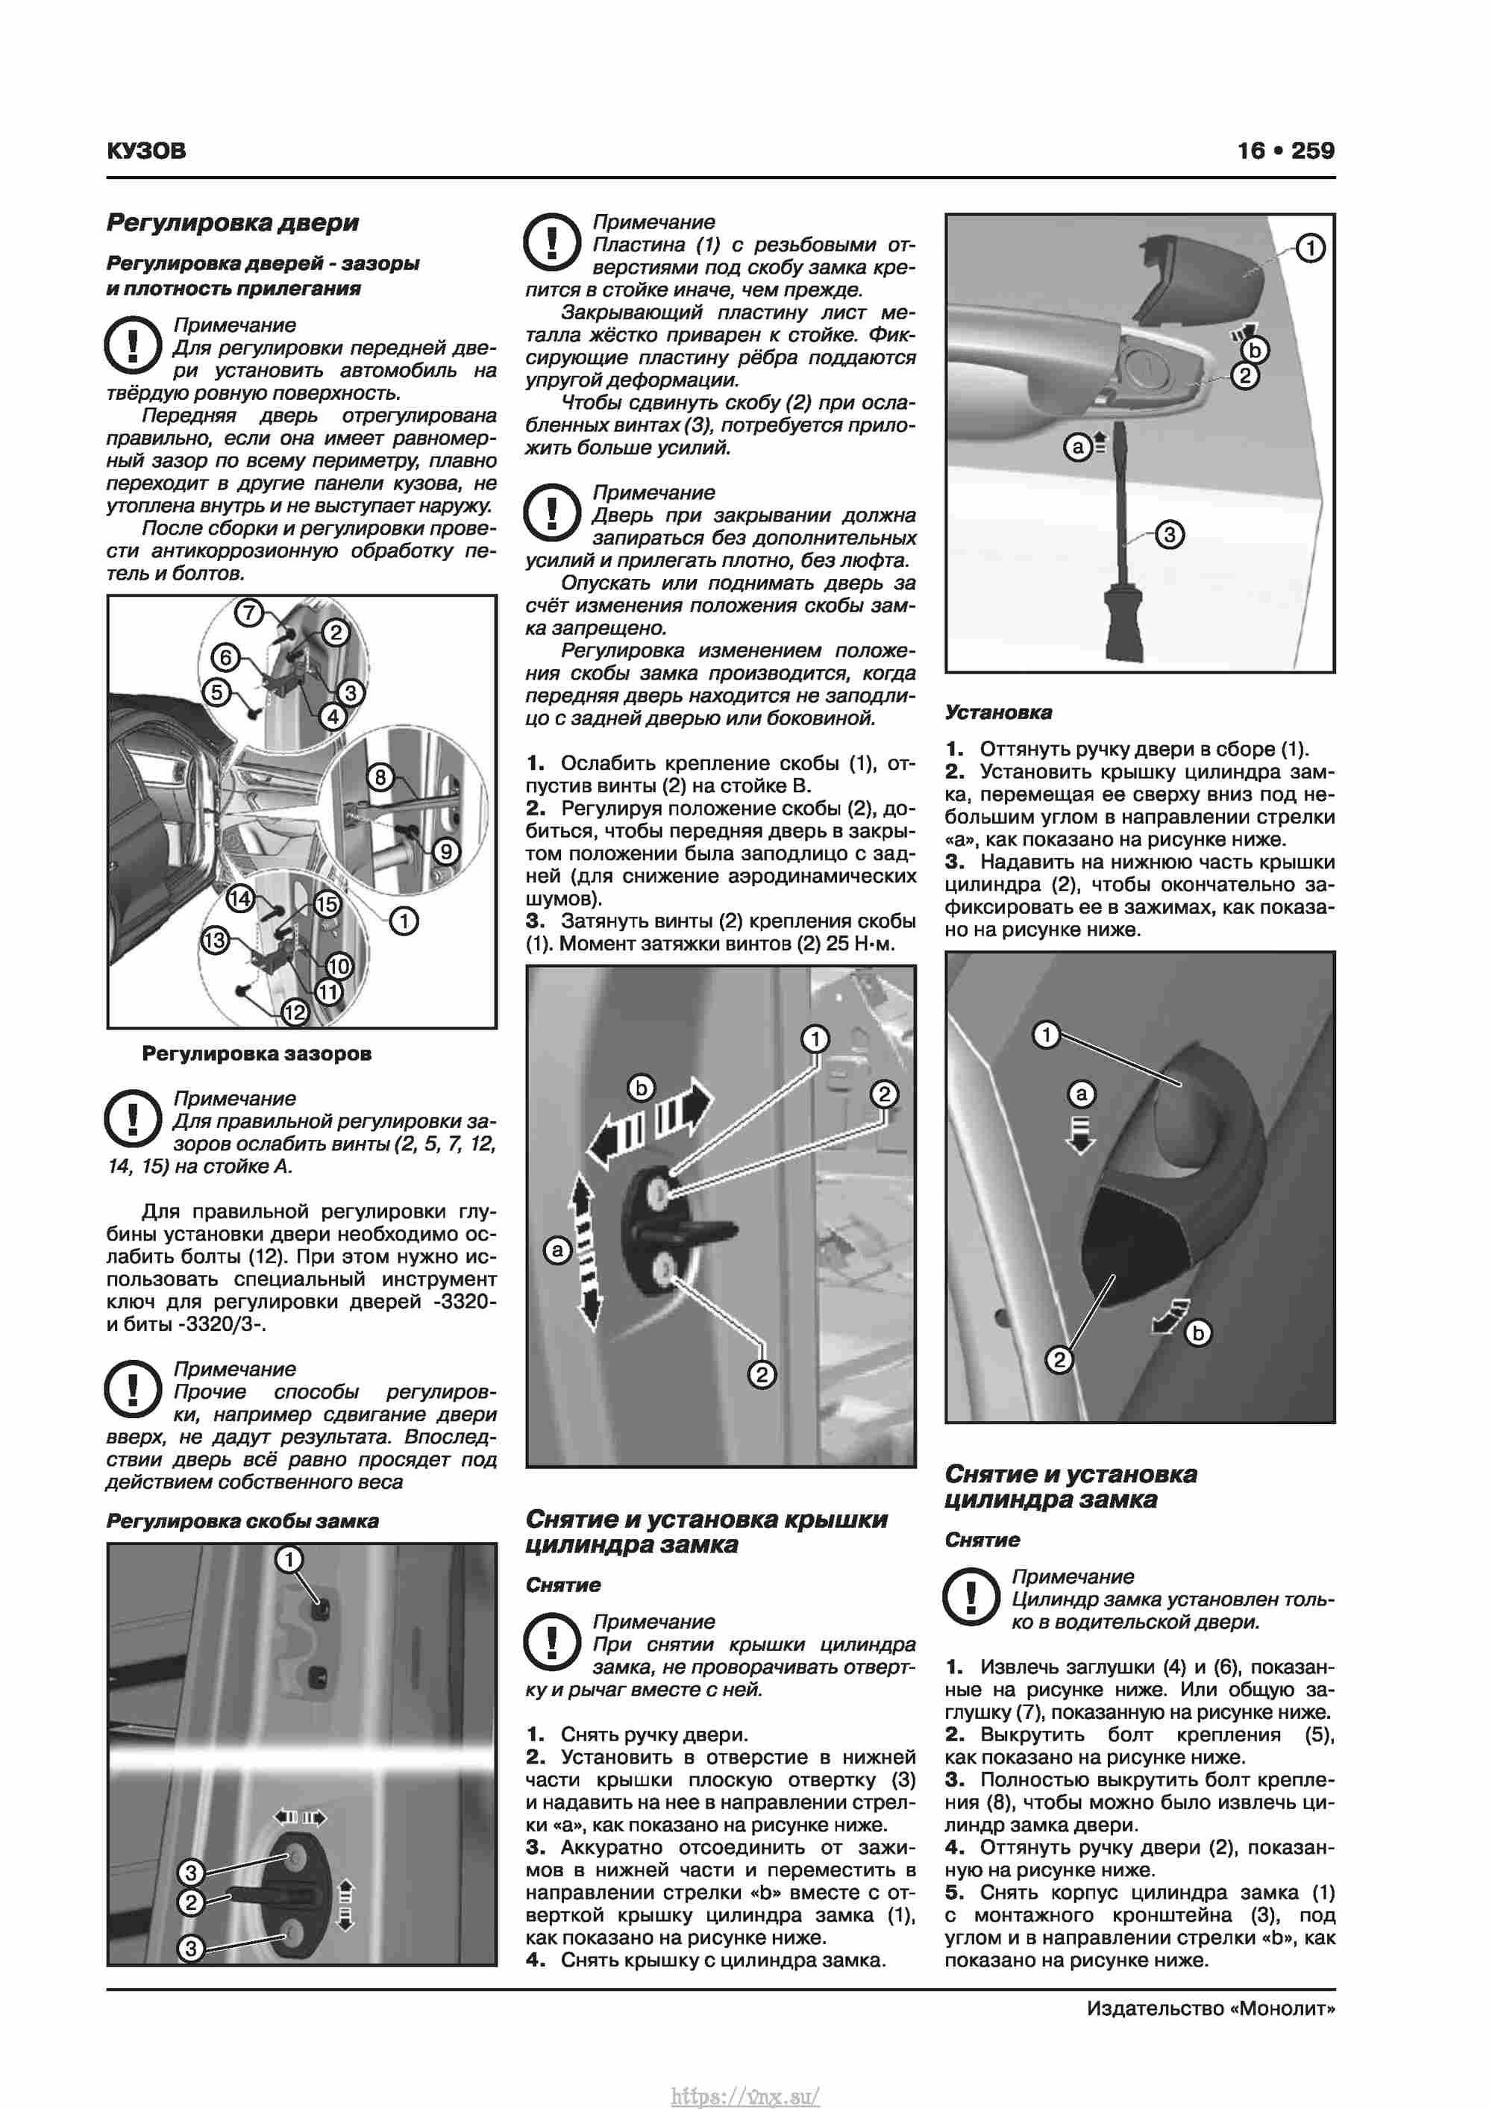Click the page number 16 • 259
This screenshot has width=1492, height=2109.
coord(1285,151)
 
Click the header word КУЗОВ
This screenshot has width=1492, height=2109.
coord(146,151)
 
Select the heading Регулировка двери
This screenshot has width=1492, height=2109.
coord(233,222)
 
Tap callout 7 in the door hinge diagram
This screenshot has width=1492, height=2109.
coord(249,612)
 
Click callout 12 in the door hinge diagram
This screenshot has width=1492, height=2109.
coord(294,1013)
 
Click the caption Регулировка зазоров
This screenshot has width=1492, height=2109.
coord(257,1053)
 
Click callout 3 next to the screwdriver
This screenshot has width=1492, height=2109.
coord(1169,535)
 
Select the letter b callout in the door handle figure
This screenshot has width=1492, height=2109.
coord(1255,350)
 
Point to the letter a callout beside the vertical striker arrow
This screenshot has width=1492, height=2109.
coord(557,1250)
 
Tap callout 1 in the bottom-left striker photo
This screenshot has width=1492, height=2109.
coord(289,1560)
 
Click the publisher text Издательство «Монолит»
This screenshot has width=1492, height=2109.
coord(1210,2008)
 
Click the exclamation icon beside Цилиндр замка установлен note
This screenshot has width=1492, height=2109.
coord(971,1596)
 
